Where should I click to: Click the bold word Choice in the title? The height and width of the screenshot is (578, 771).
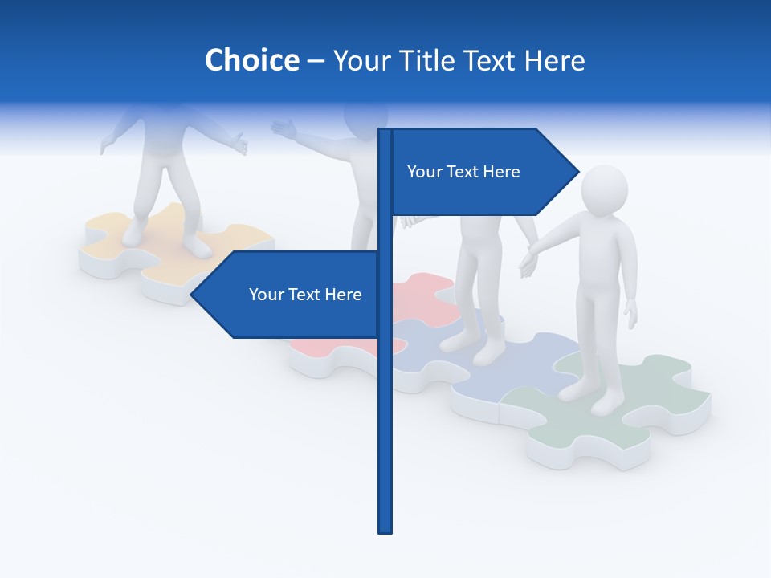251,60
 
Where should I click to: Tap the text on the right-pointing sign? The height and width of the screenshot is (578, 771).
463,172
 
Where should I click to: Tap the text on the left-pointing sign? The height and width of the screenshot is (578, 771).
305,295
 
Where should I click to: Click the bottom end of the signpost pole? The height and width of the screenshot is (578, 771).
385,530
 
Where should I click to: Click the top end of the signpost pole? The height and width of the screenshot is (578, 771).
385,131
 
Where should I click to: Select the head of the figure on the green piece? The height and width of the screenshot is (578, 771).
604,190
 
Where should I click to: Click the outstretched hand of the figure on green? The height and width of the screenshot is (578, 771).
528,263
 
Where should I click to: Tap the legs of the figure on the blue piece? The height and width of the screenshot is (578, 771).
480,289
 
